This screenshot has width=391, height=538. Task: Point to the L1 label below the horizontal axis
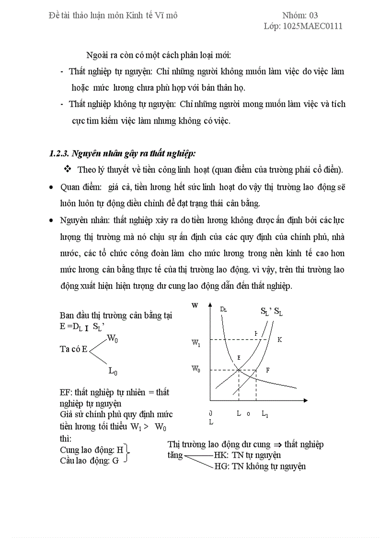tap(265, 414)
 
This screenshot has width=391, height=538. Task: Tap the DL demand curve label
tap(223, 309)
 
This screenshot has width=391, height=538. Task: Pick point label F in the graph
tap(267, 370)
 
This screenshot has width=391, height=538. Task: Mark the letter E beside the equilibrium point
tap(238, 358)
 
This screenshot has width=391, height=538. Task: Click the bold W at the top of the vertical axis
tap(195, 305)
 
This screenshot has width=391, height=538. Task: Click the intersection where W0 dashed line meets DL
tap(239, 370)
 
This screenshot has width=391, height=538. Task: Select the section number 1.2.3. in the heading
tap(59, 154)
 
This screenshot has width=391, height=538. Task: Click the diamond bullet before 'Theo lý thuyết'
tap(68, 169)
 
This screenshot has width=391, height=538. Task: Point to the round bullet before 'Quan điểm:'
tap(51, 187)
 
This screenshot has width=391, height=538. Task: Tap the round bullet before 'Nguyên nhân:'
tap(51, 220)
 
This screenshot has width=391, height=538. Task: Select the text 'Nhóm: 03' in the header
tap(300, 15)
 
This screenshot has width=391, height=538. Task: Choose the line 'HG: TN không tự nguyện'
tap(259, 466)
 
